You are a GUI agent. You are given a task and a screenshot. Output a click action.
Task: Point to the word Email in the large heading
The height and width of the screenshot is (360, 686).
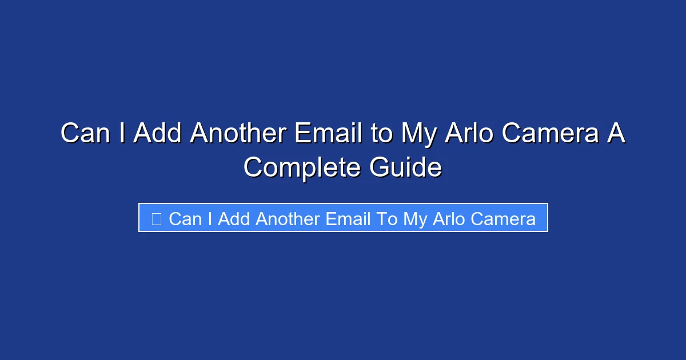(x=328, y=134)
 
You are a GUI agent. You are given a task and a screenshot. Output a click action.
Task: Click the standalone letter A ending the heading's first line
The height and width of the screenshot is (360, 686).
(x=616, y=134)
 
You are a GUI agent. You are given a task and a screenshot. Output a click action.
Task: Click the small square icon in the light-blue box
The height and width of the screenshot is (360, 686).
(x=156, y=218)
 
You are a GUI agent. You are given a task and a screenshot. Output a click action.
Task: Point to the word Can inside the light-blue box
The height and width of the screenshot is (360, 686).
(x=185, y=219)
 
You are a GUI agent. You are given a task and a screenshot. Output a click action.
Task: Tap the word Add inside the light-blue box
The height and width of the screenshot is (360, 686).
(x=234, y=219)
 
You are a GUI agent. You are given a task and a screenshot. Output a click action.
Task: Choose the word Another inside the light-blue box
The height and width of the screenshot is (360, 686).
(x=288, y=219)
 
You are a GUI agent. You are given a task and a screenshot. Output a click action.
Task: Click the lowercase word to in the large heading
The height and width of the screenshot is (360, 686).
(x=381, y=134)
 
